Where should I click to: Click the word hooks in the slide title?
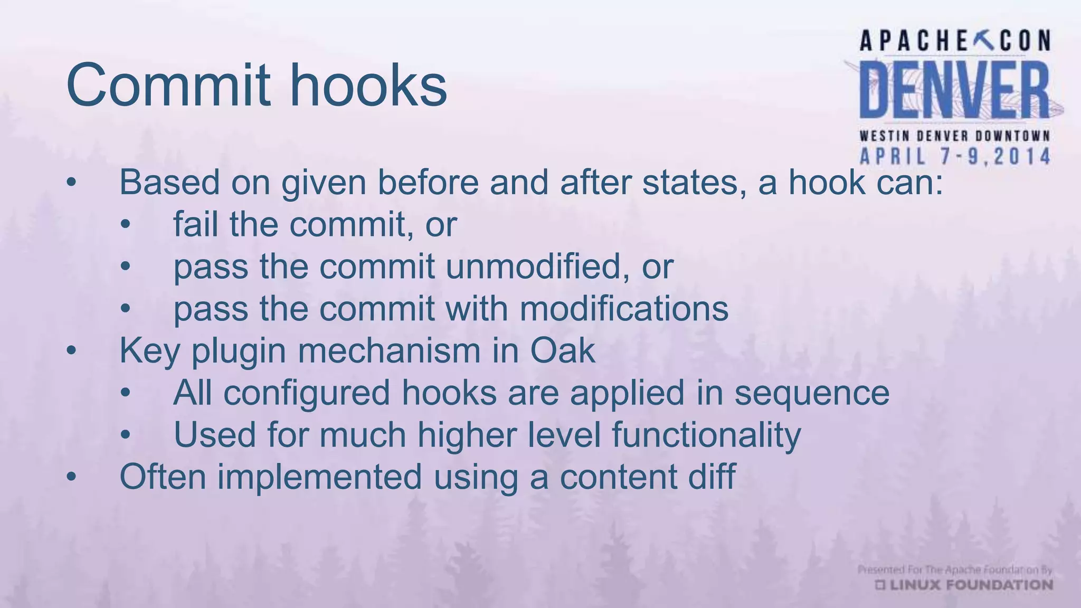point(368,85)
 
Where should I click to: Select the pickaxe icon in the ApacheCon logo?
point(984,40)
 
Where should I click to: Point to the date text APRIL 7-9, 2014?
point(955,157)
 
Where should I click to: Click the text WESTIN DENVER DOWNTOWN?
point(954,136)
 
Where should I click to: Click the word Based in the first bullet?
point(169,183)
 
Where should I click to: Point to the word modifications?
point(624,309)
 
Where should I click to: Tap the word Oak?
point(562,350)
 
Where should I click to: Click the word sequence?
point(812,393)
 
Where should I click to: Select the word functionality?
point(706,435)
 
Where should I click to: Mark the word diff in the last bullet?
point(711,476)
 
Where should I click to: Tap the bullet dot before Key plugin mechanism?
point(72,351)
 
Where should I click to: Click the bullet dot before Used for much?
point(125,435)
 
